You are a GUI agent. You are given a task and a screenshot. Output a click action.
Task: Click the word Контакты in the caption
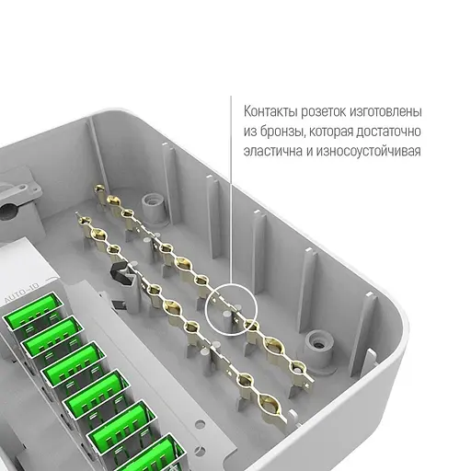tap(270, 111)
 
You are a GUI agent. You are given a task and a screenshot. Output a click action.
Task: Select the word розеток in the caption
tap(323, 112)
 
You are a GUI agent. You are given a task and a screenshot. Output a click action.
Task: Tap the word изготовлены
tap(385, 111)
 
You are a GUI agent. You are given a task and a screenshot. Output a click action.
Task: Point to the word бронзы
tap(282, 132)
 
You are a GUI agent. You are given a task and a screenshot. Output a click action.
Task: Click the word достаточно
tap(388, 132)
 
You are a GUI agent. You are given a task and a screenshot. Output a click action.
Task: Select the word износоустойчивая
tap(368, 152)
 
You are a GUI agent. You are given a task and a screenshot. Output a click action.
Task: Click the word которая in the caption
tap(330, 132)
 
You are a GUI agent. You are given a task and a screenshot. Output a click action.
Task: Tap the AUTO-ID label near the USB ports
tap(22, 293)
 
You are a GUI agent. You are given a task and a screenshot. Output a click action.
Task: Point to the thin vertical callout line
tap(231, 190)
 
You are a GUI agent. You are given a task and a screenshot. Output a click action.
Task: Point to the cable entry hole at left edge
tap(6, 212)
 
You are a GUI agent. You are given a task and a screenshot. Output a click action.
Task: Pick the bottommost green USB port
tap(158, 454)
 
